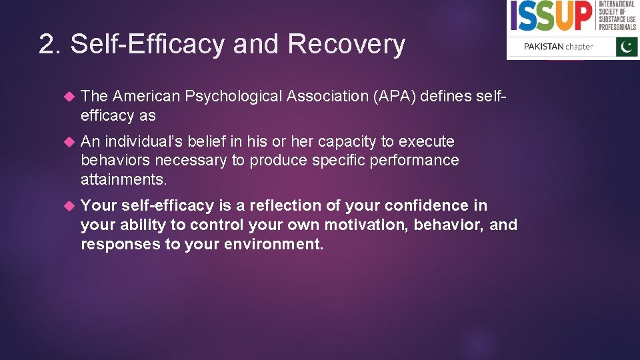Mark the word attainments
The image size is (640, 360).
tap(122, 180)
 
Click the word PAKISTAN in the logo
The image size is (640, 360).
tap(543, 47)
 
